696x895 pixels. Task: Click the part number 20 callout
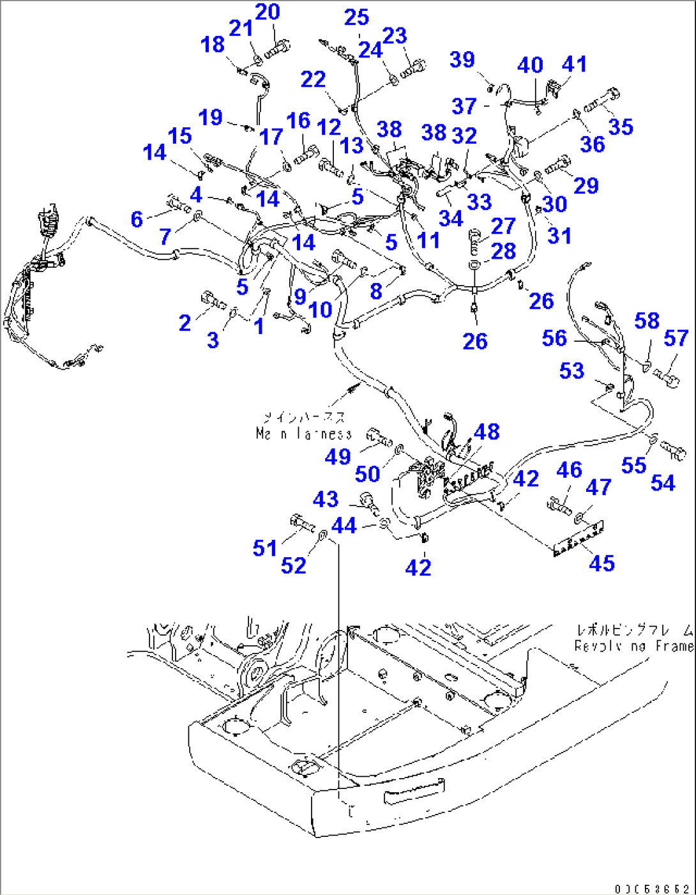coord(268,12)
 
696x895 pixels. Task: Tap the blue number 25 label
coord(356,17)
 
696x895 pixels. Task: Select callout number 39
coord(462,59)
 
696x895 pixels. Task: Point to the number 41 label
coord(574,64)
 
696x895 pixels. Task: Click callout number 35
coord(620,126)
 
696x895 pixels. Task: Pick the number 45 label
coord(601,563)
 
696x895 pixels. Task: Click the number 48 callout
coord(487,432)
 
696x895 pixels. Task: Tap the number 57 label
coord(676,338)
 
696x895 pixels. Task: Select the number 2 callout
coord(185,323)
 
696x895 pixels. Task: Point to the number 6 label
coord(137,219)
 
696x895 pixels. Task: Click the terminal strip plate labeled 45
coord(579,537)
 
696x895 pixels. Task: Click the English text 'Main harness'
coord(303,434)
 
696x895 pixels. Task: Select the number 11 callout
coord(428,240)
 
